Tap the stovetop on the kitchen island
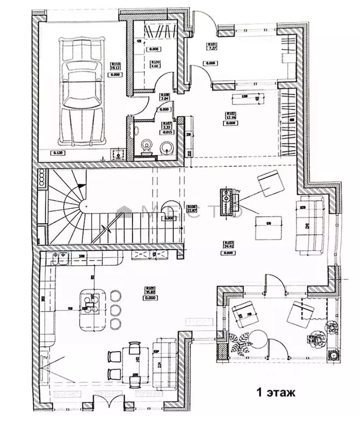pyautogui.click(x=90, y=301)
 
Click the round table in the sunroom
pyautogui.click(x=256, y=337)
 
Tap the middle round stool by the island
pyautogui.click(x=117, y=310)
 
